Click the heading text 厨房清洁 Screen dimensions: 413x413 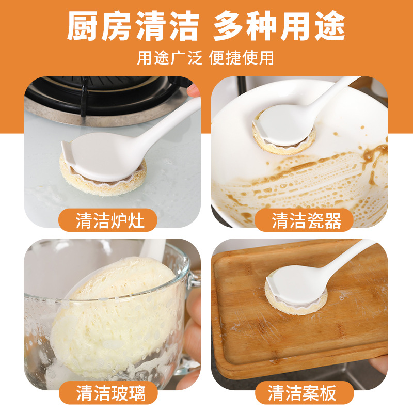point(133,25)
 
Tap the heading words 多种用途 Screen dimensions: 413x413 point(280,25)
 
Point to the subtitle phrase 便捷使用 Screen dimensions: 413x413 point(242,58)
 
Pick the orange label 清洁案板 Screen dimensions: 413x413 point(304,393)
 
